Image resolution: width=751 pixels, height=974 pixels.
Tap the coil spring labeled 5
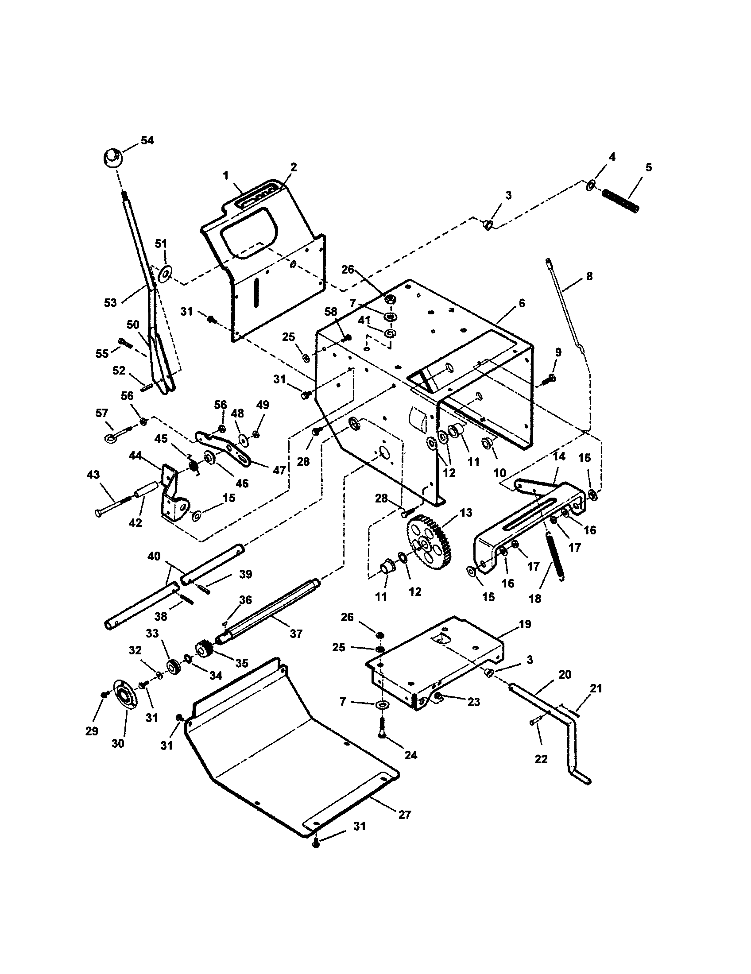(620, 201)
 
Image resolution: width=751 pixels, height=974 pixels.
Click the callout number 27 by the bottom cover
(404, 815)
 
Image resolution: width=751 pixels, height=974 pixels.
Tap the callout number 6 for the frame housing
(522, 303)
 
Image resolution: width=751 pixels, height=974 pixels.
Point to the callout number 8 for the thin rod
(589, 277)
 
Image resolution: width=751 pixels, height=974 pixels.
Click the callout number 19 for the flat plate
(525, 624)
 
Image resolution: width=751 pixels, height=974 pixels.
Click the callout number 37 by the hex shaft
(296, 634)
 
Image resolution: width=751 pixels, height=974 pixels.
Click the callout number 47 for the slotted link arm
(279, 470)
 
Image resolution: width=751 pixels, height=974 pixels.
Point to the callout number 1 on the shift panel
(226, 176)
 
